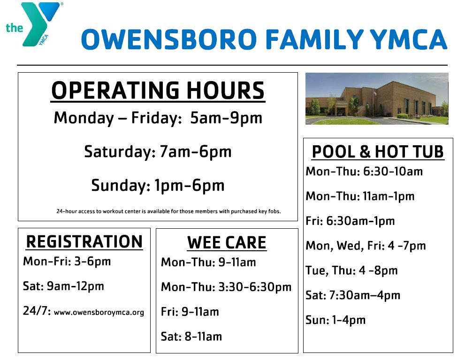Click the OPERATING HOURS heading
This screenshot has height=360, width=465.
click(158, 90)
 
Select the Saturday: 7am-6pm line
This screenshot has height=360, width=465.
click(158, 152)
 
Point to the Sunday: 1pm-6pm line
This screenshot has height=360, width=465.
click(158, 186)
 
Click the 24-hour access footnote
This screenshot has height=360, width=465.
click(168, 211)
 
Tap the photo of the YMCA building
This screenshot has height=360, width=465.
click(377, 98)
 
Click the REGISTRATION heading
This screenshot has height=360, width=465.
click(84, 242)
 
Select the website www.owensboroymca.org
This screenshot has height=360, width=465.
click(99, 312)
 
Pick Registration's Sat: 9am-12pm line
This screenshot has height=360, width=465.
click(63, 286)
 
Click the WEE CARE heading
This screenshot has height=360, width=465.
click(227, 243)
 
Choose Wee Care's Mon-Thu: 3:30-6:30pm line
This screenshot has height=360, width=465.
click(226, 287)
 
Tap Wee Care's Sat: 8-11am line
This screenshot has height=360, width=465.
click(191, 337)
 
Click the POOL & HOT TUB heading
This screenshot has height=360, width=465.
click(378, 152)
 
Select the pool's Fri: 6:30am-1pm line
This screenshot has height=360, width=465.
click(350, 221)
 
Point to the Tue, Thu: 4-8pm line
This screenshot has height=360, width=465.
click(351, 270)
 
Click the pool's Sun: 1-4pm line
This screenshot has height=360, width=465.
click(335, 320)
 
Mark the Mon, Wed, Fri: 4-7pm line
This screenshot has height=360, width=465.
click(366, 246)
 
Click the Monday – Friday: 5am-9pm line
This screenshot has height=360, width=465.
click(158, 118)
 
